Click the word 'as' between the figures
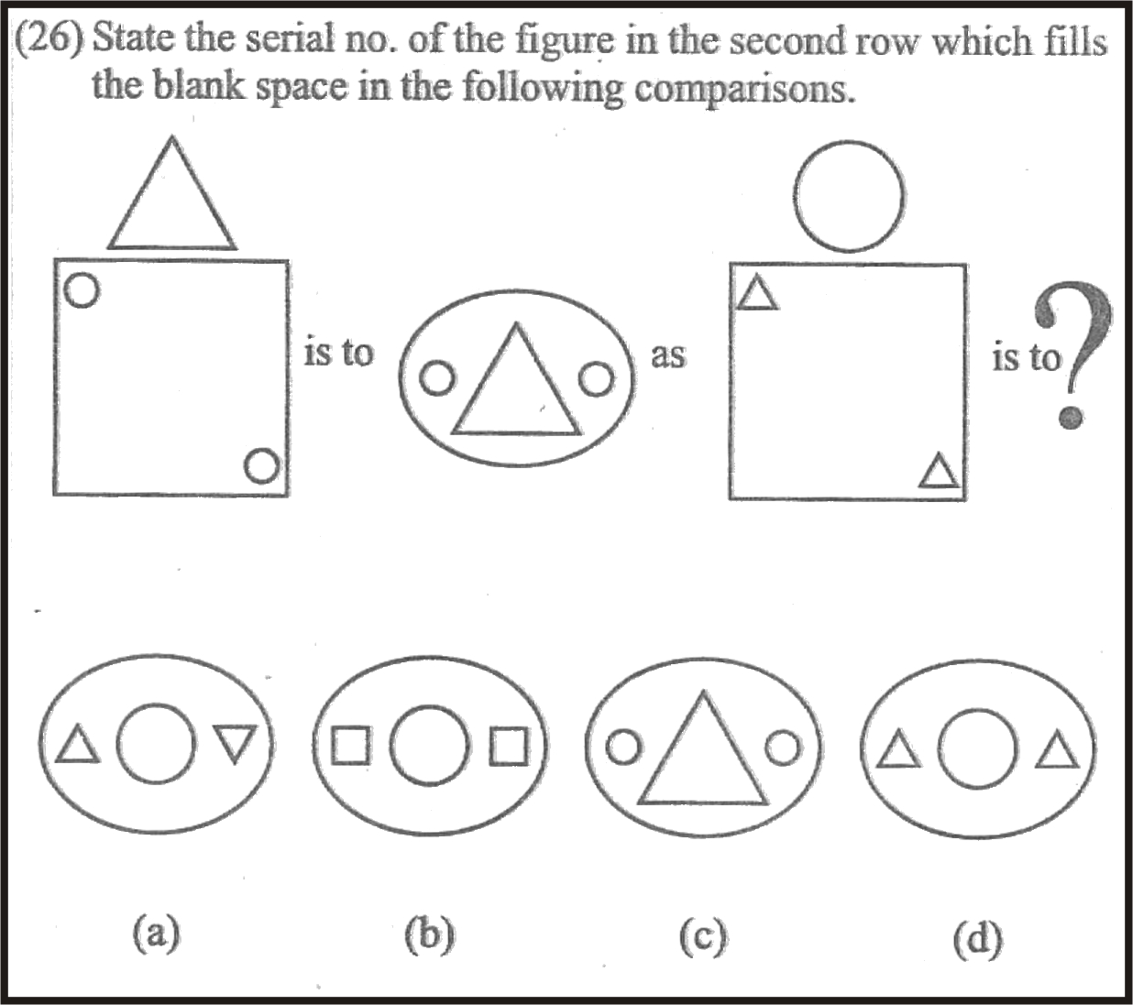(x=667, y=356)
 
